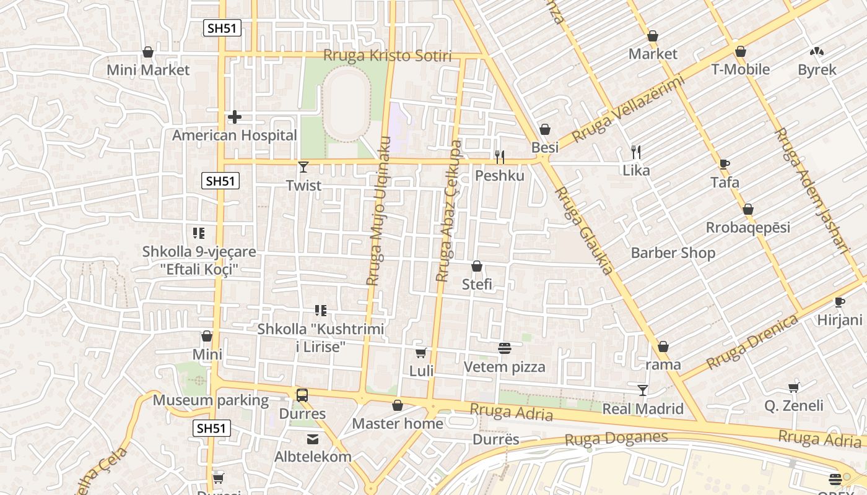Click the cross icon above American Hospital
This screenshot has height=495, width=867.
235,116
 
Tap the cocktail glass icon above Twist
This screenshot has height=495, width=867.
303,166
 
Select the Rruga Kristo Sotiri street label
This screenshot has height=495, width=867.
388,56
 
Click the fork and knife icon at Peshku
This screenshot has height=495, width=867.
499,157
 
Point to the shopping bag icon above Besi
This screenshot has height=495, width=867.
544,129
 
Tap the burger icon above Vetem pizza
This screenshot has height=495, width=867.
504,348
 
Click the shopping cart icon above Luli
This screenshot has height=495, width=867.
421,353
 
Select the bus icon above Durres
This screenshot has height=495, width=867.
302,395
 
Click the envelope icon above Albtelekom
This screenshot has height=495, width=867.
313,439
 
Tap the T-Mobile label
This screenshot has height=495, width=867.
740,69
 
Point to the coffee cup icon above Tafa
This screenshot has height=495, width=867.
725,164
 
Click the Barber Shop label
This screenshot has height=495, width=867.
673,252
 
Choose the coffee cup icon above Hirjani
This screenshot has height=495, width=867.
839,302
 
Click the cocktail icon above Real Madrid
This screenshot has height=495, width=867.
643,390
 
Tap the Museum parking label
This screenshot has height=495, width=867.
211,400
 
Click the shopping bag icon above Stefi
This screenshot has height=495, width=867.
477,267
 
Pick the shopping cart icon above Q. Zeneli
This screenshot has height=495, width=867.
793,388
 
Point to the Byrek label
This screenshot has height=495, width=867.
817,70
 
